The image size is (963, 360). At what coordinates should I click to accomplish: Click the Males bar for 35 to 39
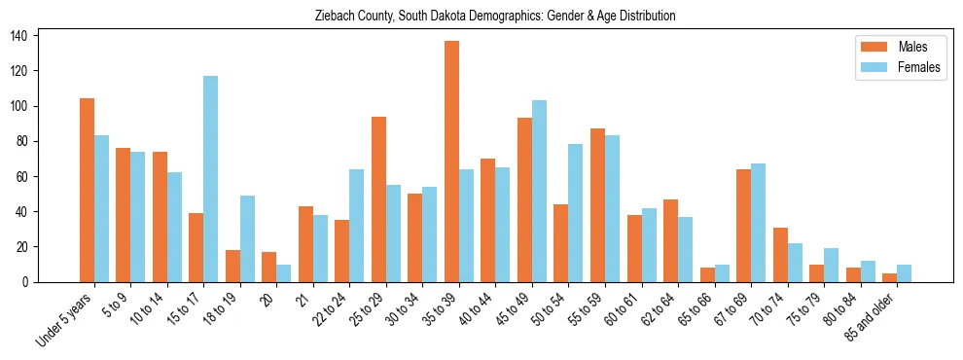tap(451, 162)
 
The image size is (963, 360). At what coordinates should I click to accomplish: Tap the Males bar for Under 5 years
tap(87, 190)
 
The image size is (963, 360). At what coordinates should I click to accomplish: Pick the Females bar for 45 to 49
tap(539, 191)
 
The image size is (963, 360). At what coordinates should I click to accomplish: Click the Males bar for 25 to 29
tap(378, 199)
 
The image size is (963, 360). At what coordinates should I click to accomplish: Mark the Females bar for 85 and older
tap(904, 273)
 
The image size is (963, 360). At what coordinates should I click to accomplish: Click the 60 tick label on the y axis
tap(26, 176)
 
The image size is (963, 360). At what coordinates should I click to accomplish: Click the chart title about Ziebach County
tap(495, 17)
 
